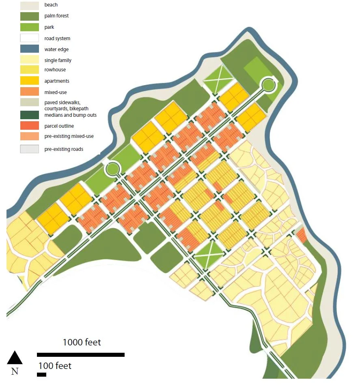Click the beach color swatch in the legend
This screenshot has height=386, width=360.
click(x=30, y=5)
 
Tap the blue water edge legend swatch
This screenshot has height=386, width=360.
click(x=30, y=49)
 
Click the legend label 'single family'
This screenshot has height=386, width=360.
click(x=58, y=60)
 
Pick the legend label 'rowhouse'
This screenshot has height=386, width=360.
click(x=55, y=70)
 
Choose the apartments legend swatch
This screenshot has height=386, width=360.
click(x=30, y=81)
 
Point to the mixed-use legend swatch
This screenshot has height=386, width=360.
click(x=30, y=92)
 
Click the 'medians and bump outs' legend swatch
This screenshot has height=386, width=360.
click(x=30, y=115)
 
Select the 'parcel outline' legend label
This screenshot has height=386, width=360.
click(x=59, y=126)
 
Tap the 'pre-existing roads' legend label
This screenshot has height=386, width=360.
click(x=64, y=149)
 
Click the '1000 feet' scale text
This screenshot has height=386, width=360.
click(x=82, y=342)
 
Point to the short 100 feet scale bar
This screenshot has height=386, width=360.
click(x=41, y=374)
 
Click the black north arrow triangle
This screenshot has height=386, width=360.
click(x=15, y=358)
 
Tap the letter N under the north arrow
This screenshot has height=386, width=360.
click(x=15, y=371)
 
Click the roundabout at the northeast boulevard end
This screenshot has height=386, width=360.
click(x=268, y=85)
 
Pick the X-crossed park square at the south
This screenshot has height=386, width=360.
click(x=209, y=255)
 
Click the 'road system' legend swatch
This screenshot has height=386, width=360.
click(x=30, y=39)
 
